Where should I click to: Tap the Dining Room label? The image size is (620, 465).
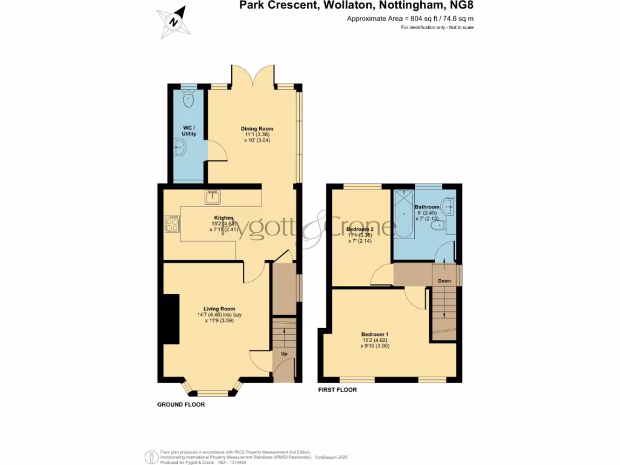[x=257, y=128]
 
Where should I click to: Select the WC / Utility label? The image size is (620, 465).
[x=189, y=131]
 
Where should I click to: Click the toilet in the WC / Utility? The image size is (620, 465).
[x=189, y=99]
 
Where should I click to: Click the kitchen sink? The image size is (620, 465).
[x=213, y=196]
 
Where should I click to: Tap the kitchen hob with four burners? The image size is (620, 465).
[x=172, y=225]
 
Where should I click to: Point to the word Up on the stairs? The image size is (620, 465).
[x=283, y=352]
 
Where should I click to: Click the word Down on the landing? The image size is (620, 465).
[x=444, y=281]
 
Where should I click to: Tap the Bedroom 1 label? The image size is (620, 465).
[x=375, y=335]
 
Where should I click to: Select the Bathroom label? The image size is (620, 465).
[x=427, y=207]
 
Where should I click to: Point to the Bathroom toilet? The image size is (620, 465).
[x=445, y=226]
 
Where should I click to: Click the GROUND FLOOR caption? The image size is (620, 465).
[x=181, y=404]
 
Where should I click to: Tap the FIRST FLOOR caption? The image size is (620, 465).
[x=337, y=390]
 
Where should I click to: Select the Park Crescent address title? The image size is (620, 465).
[x=351, y=6]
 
